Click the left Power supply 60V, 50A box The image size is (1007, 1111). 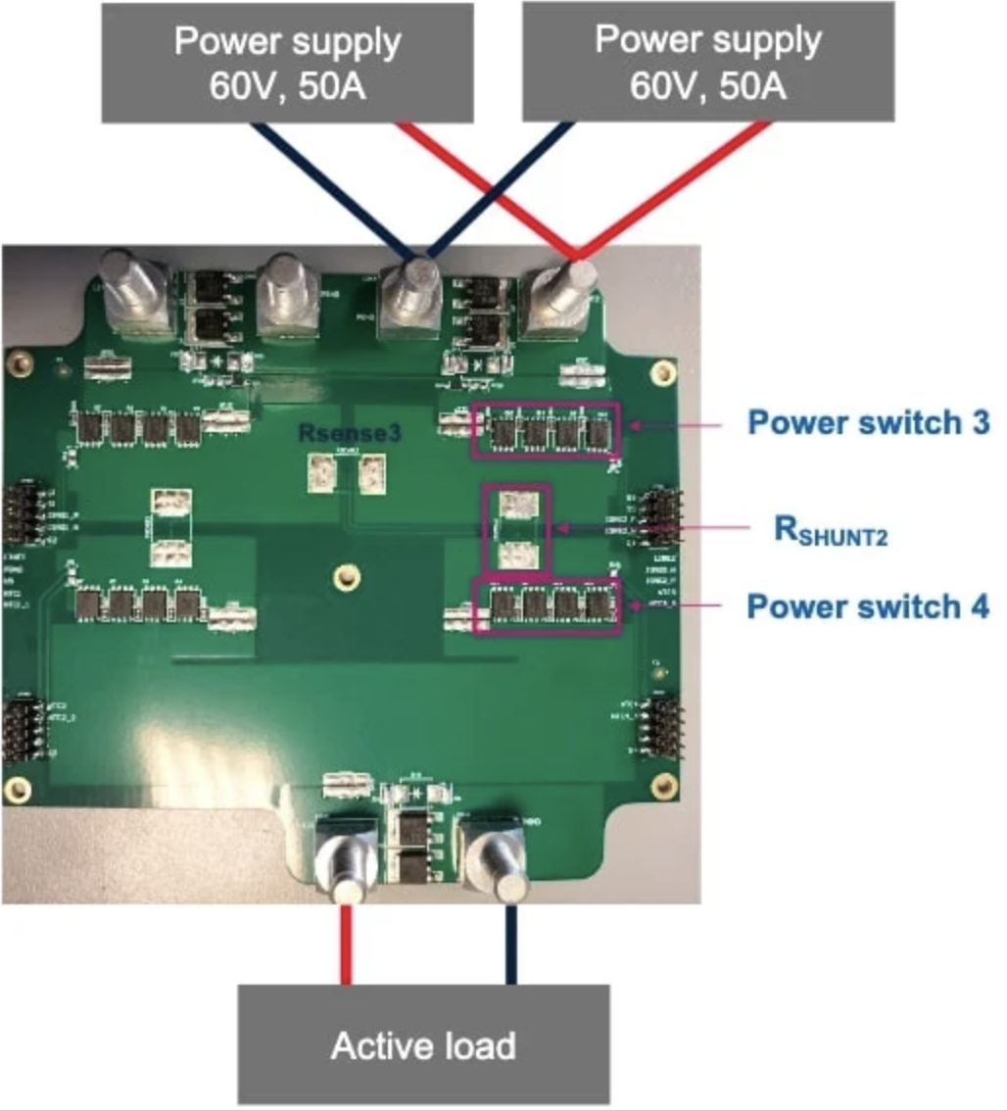tap(288, 61)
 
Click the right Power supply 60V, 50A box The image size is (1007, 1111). tap(708, 61)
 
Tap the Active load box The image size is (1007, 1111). tap(423, 1044)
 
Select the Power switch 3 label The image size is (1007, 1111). tap(868, 423)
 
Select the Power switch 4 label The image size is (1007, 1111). tap(868, 606)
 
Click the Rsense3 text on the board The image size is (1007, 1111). tap(350, 433)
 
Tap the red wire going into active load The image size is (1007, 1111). tap(345, 945)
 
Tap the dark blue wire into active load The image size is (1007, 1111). tap(510, 945)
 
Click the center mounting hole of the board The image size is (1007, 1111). tap(342, 577)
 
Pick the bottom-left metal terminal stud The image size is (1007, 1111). tap(345, 862)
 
